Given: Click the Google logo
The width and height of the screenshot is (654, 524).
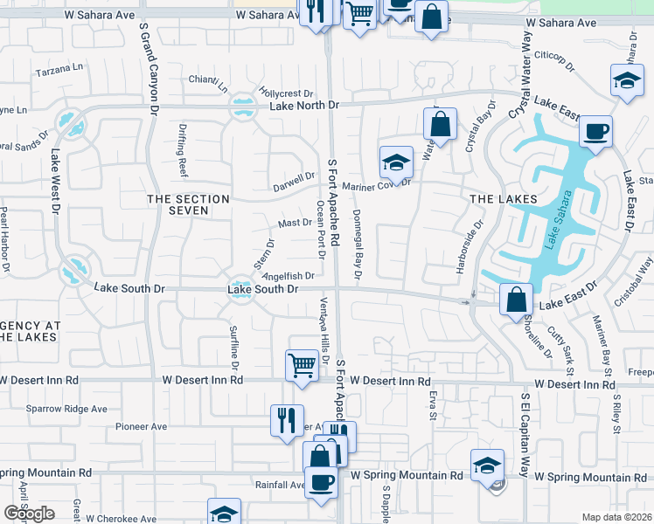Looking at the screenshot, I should (x=28, y=514).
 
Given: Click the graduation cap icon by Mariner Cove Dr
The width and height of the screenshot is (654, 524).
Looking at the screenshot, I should (x=395, y=163).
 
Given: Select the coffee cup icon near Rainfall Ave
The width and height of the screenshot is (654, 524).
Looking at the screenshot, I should (x=321, y=481).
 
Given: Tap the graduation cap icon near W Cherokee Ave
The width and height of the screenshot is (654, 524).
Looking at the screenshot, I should (x=224, y=513).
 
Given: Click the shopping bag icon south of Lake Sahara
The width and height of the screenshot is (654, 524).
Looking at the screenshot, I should (x=517, y=299).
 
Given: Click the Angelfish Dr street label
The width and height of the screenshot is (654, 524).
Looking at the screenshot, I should (x=287, y=277).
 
